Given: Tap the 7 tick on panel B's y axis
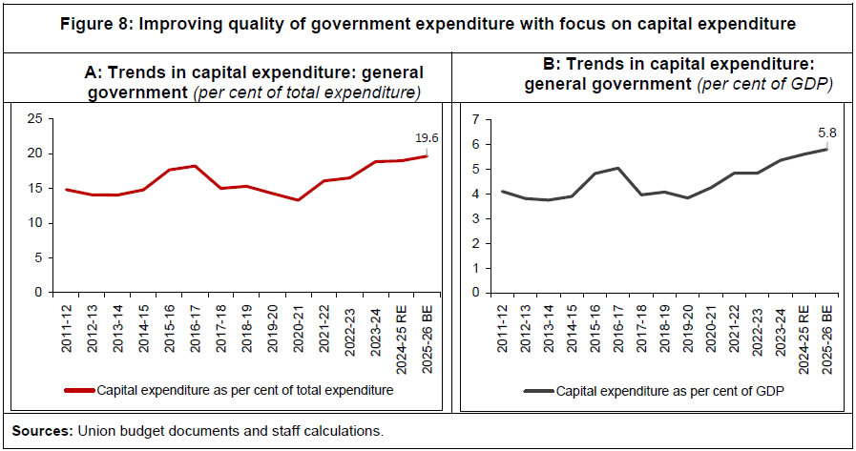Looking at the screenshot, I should (461, 119).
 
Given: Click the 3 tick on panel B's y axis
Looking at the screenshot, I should (461, 218).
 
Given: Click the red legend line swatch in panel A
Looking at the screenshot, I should (79, 390).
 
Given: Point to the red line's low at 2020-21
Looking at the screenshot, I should (299, 200).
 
